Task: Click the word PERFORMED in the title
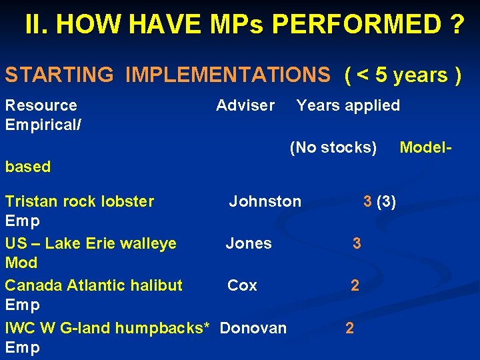pos(357,25)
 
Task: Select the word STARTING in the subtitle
pos(59,75)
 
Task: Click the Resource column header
pos(41,105)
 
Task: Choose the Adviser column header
pos(245,105)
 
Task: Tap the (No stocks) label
pos(333,147)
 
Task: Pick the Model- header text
pos(426,147)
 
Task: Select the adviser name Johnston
pos(265,201)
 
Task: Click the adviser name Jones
pos(249,243)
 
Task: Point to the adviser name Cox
pos(242,285)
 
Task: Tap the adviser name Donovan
pos(253,328)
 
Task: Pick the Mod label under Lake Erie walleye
pos(21,263)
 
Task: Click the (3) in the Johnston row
pos(387,201)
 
